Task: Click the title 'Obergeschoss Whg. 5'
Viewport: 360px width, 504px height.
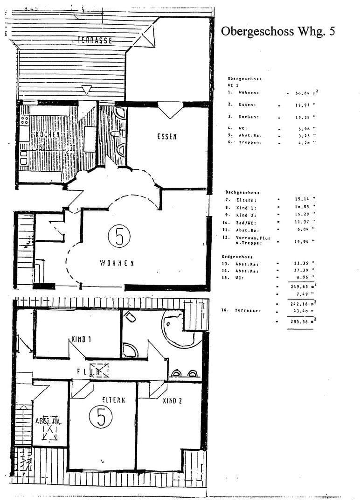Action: click(x=277, y=31)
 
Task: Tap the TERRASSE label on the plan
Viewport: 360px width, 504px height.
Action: click(x=95, y=40)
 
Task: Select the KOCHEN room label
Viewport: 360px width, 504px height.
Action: click(x=48, y=135)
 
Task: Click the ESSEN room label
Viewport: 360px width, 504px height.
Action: click(x=166, y=137)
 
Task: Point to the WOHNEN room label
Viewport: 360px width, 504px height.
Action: click(x=117, y=263)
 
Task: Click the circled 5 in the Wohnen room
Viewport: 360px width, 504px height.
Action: click(x=119, y=237)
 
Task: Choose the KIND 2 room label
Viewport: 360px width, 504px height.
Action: click(x=172, y=400)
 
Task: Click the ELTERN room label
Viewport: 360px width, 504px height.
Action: click(x=114, y=400)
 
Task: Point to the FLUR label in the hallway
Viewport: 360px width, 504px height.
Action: click(x=89, y=372)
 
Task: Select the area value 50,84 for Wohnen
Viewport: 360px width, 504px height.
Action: click(x=304, y=93)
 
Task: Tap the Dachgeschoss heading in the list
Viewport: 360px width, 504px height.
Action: click(x=242, y=192)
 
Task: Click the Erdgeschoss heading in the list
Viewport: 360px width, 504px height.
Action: click(x=240, y=257)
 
